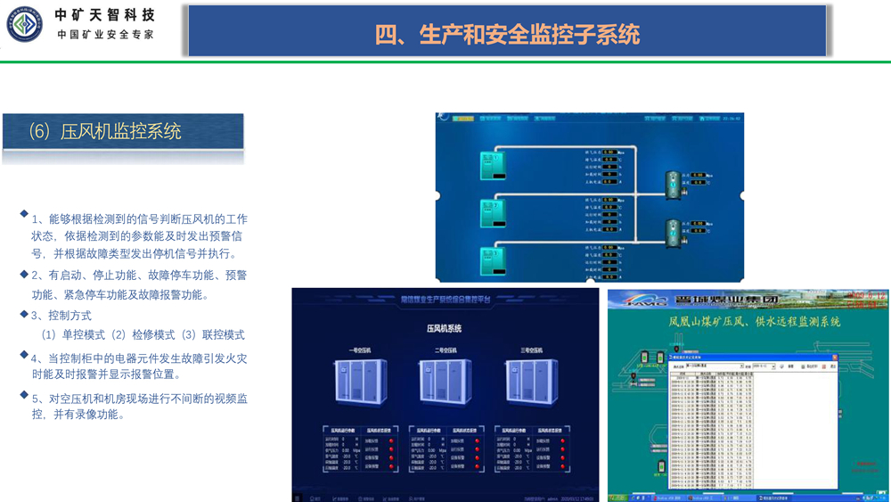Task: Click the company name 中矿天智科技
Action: click(104, 15)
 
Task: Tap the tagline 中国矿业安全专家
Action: click(105, 35)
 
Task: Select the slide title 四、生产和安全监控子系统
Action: click(507, 34)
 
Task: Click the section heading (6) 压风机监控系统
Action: click(104, 132)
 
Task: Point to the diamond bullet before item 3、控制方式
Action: click(24, 314)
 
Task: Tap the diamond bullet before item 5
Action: click(24, 396)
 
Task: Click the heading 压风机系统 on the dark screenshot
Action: click(445, 329)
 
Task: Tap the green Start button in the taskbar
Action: click(618, 497)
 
